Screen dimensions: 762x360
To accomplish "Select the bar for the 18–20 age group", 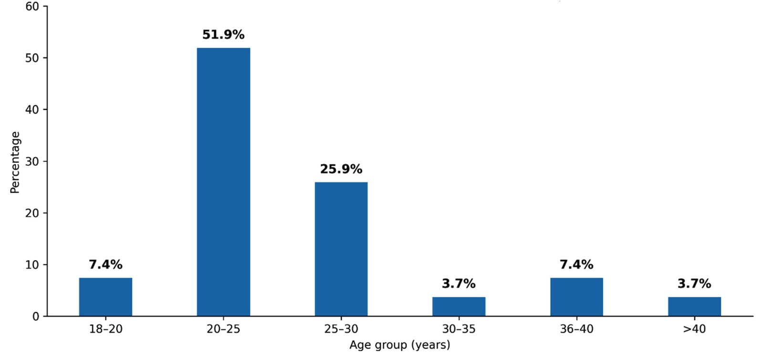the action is tap(105, 297).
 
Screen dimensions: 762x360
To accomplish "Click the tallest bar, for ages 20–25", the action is tap(223, 182).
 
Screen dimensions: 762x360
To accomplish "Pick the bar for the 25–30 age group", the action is tap(341, 249).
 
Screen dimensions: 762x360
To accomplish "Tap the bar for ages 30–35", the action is tap(459, 307).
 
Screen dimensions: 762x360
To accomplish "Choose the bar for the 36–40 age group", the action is tap(576, 297).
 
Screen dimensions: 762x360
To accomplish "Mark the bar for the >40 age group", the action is tap(694, 307).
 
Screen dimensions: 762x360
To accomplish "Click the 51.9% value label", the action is tap(223, 35).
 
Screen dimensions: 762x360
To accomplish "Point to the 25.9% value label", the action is tap(341, 169).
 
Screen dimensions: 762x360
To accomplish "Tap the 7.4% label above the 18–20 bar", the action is tap(105, 265).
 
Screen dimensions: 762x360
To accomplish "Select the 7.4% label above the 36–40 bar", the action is tap(576, 265).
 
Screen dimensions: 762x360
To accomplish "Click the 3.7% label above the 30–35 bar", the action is tap(459, 284).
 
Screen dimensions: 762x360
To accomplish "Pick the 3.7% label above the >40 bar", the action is tap(694, 284).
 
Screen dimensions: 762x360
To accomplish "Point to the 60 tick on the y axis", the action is tap(32, 6).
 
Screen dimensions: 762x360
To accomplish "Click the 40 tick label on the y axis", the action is tap(32, 109).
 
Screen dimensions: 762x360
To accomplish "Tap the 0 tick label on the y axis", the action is tap(36, 317).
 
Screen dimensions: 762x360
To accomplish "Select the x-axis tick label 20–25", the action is tap(223, 329).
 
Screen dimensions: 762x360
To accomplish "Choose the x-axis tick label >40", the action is tap(694, 329).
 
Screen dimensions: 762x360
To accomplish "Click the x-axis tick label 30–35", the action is tap(459, 329).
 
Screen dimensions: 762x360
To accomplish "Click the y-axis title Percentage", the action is tap(15, 163).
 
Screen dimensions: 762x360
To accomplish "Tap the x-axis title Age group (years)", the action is tap(400, 345).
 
